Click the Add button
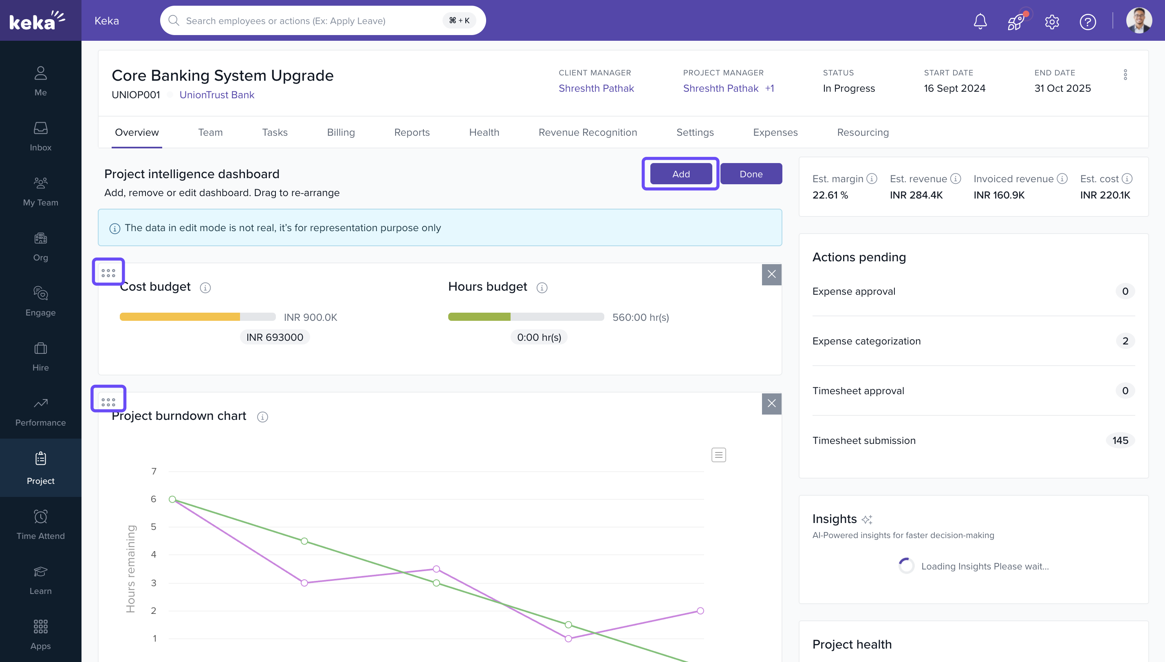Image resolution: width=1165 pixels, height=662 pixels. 680,174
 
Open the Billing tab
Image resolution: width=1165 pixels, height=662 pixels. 341,132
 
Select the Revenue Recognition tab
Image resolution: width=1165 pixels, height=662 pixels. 588,132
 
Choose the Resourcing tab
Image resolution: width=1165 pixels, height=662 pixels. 862,132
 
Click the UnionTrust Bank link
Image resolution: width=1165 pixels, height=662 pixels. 217,95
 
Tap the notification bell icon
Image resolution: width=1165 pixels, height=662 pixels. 980,21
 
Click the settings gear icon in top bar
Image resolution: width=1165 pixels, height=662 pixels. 1052,21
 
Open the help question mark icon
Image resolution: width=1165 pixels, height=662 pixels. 1087,21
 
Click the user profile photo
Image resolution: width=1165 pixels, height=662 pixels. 1139,20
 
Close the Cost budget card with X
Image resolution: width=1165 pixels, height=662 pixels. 771,274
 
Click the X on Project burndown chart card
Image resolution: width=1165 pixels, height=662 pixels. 771,403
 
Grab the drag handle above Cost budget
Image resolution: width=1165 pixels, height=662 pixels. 108,273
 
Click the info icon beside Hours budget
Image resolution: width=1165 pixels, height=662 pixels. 542,287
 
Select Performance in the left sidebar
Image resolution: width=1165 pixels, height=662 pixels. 40,411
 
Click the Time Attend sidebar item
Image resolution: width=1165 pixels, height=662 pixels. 40,524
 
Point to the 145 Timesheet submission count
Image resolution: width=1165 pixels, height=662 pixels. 1120,440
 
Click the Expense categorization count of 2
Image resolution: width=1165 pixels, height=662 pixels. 1125,341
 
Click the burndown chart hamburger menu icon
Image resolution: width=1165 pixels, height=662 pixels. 718,455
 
